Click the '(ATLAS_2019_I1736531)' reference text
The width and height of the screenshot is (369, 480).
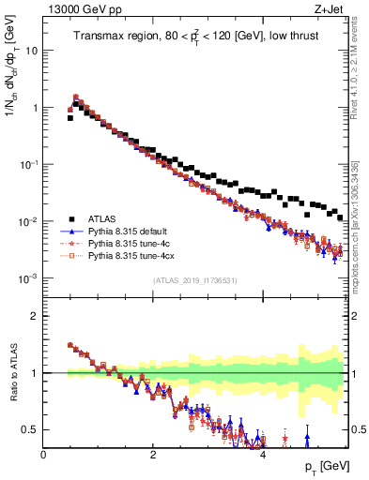point(194,281)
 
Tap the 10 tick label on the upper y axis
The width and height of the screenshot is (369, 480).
point(31,51)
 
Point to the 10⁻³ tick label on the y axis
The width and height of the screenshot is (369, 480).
point(28,278)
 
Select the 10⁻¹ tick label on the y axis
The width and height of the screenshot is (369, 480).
point(28,164)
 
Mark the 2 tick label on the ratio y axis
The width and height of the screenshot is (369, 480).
point(36,316)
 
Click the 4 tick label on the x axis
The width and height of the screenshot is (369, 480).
point(262,454)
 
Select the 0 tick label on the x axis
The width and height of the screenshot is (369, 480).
point(44,454)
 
